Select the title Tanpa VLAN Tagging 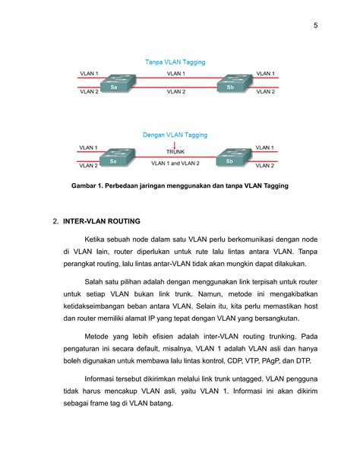click(175, 61)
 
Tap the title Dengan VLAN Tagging click(175, 135)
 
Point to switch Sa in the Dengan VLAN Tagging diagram click(114, 158)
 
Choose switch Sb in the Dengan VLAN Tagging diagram click(229, 158)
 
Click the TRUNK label click(175, 152)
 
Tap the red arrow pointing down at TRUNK click(175, 144)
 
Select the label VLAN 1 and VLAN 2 click(175, 163)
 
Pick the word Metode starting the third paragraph click(98, 335)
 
